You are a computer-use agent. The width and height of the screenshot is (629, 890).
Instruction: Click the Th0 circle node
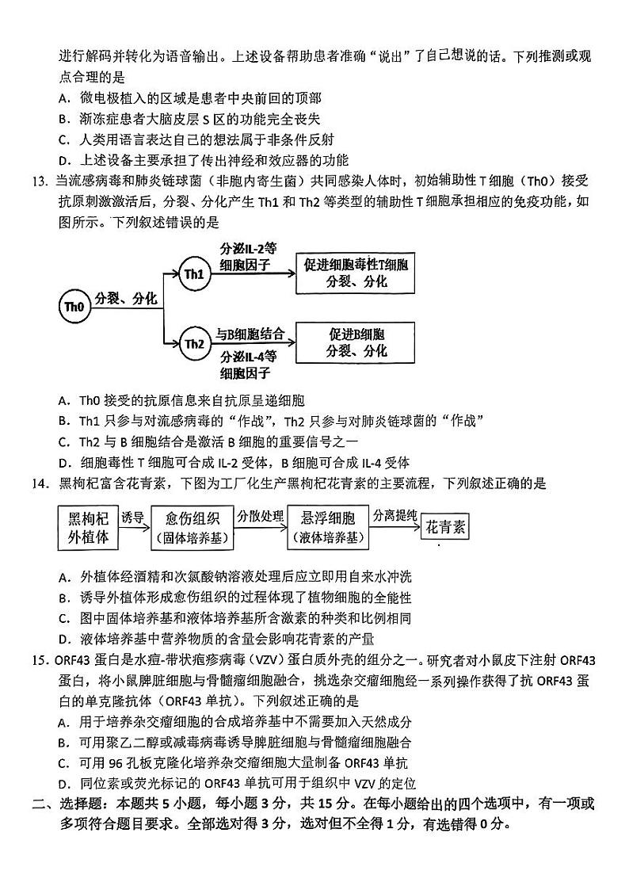pyautogui.click(x=73, y=307)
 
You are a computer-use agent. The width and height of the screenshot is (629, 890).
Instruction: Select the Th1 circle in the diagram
pyautogui.click(x=194, y=273)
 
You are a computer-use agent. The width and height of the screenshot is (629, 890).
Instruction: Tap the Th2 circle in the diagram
pyautogui.click(x=194, y=343)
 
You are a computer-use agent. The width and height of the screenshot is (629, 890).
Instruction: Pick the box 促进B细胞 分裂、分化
pyautogui.click(x=356, y=342)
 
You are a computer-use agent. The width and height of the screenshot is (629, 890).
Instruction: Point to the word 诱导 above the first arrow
pyautogui.click(x=132, y=517)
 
